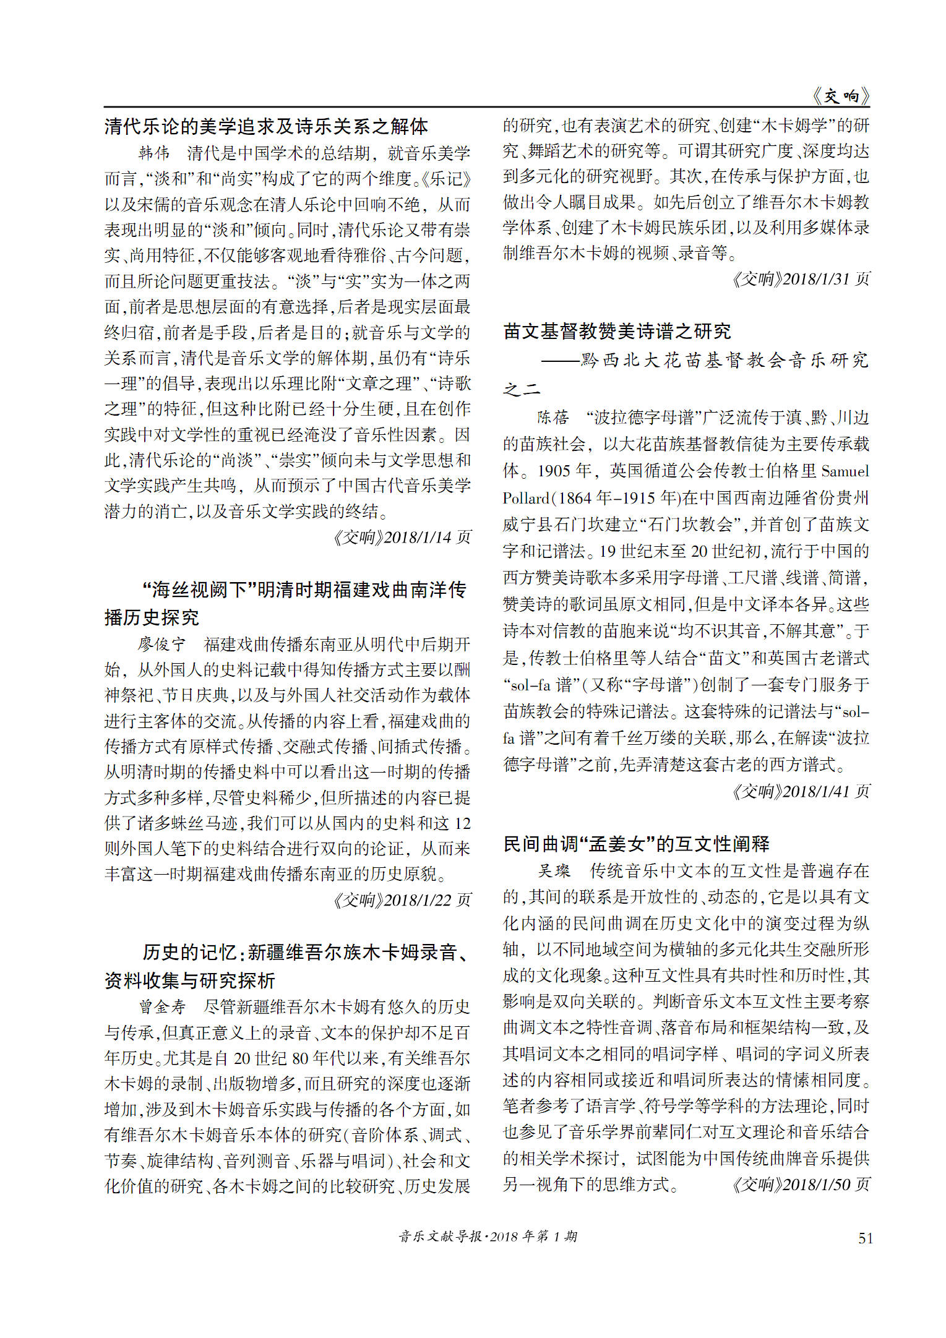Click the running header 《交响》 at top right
840,96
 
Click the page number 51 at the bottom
865,1238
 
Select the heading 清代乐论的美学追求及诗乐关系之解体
266,126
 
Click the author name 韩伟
154,153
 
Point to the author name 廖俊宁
161,644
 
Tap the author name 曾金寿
161,1006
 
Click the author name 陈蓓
553,418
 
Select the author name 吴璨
554,871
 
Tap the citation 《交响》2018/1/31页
801,279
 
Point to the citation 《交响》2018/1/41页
801,791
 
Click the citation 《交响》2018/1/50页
801,1184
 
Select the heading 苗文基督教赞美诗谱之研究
617,332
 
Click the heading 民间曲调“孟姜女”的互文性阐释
637,844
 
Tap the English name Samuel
845,471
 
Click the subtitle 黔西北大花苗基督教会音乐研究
724,360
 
